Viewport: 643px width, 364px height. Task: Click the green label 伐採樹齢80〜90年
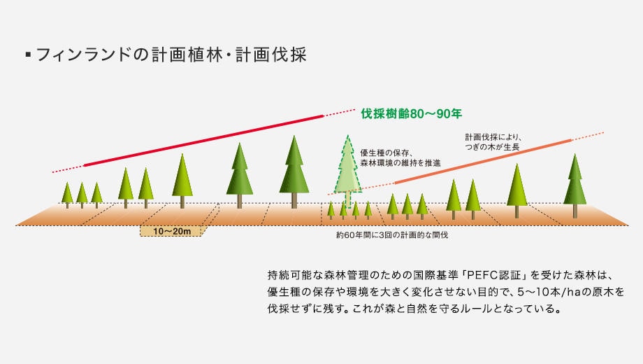[x=411, y=113]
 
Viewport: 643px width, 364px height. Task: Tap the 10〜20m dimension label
[x=172, y=231]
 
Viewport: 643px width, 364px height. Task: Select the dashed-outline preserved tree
[x=348, y=170]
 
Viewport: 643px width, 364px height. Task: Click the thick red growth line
[x=204, y=141]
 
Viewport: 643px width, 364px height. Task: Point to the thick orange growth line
[x=483, y=162]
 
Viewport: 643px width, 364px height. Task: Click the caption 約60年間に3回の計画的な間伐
[x=392, y=235]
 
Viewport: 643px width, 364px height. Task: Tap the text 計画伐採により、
[x=493, y=137]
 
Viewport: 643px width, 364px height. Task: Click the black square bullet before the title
[x=28, y=54]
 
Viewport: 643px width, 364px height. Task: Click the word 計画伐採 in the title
[x=271, y=55]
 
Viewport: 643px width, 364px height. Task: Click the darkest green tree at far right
[x=575, y=185]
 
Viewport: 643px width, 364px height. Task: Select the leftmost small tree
[x=67, y=195]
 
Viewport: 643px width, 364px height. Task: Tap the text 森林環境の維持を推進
[x=400, y=163]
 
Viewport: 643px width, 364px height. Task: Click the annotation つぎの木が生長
[x=492, y=147]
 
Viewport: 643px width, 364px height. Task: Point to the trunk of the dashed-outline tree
[x=348, y=199]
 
